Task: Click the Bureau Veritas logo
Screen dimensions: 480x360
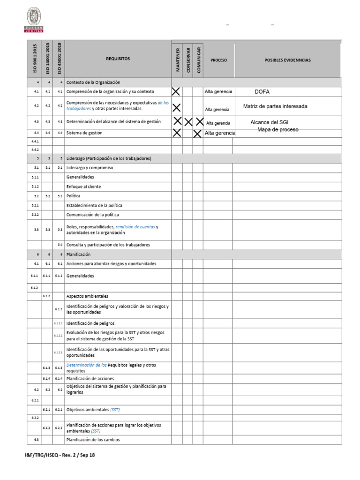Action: [34, 21]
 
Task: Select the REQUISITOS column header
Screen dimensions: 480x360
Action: [118, 59]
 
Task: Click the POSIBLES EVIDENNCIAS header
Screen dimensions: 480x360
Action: [287, 60]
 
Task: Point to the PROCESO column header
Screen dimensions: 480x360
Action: [218, 60]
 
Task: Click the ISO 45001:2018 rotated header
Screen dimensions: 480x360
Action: [59, 59]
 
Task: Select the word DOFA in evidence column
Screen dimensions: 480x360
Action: [262, 92]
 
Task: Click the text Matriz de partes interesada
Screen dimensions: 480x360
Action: [275, 106]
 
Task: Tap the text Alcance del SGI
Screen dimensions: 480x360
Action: [270, 122]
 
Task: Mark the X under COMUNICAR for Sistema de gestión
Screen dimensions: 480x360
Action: [197, 133]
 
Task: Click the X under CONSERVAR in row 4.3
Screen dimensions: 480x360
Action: [188, 122]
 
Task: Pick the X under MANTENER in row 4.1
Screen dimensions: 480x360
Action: [176, 91]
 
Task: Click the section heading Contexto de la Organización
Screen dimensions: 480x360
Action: [93, 82]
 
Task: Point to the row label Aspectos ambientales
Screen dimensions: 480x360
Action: [87, 296]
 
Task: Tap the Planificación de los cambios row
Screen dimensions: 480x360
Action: [93, 440]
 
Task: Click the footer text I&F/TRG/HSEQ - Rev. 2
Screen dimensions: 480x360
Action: [60, 455]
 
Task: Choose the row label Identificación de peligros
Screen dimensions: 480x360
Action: [90, 323]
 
